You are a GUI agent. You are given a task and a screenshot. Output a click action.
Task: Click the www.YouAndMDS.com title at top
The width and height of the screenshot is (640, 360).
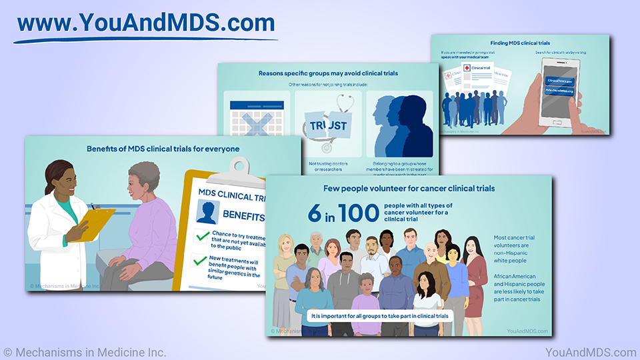pyautogui.click(x=145, y=23)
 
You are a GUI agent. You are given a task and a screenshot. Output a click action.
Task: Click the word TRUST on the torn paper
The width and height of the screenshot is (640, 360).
pyautogui.click(x=328, y=125)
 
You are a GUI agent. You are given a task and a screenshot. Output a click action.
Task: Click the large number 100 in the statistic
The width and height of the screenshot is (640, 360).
pyautogui.click(x=358, y=213)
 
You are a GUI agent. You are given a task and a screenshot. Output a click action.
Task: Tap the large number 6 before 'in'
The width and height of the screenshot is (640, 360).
pyautogui.click(x=314, y=213)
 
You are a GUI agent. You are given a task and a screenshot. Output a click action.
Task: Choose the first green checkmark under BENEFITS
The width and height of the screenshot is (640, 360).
pyautogui.click(x=202, y=236)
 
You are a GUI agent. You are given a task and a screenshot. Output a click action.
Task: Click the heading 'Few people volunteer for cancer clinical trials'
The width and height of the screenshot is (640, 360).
pyautogui.click(x=409, y=189)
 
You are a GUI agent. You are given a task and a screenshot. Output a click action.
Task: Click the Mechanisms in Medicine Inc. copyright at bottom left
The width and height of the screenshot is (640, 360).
pyautogui.click(x=85, y=352)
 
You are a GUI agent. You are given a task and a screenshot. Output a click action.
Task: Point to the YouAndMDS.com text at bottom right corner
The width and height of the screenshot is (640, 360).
pyautogui.click(x=590, y=352)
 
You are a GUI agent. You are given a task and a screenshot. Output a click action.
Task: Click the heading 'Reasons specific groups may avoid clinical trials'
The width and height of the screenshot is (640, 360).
pyautogui.click(x=328, y=73)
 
